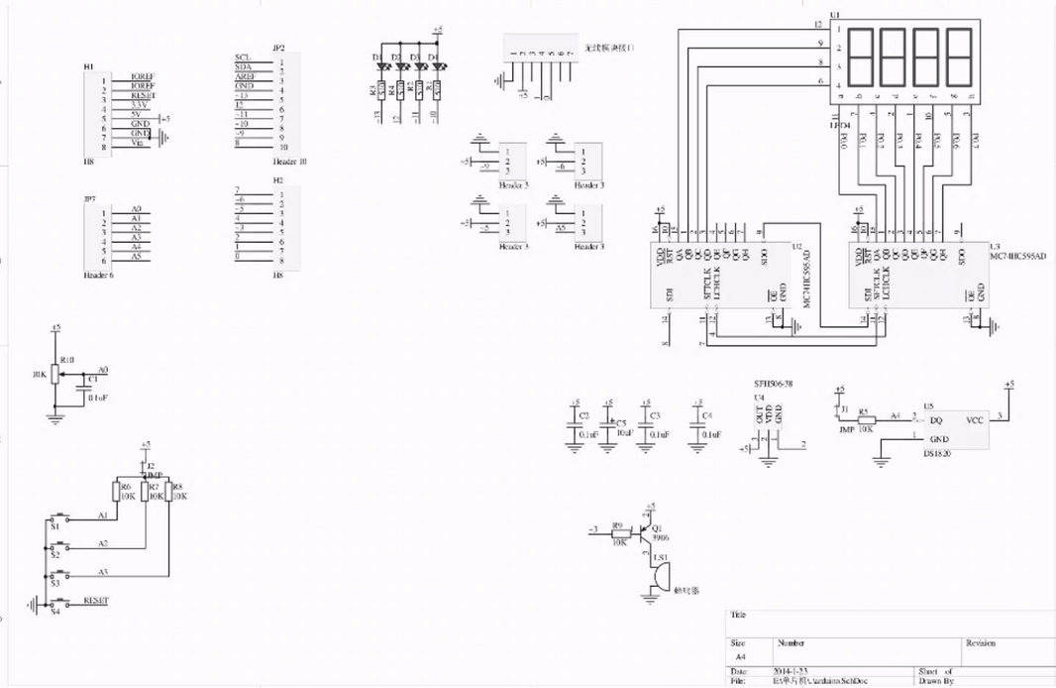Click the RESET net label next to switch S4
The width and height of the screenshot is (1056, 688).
tap(96, 600)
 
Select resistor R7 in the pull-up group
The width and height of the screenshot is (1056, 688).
tap(145, 491)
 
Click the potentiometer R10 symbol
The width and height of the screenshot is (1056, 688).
tap(56, 374)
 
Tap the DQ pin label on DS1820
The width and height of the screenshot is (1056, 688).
tap(934, 419)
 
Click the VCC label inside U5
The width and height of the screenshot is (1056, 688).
tap(975, 419)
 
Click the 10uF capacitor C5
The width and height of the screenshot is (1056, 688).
tap(608, 427)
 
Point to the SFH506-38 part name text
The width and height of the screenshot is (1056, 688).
tap(774, 383)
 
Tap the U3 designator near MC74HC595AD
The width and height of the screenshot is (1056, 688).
tap(994, 245)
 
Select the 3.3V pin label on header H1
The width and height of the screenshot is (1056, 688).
tap(139, 104)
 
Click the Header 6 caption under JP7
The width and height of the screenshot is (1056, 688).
tap(99, 275)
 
